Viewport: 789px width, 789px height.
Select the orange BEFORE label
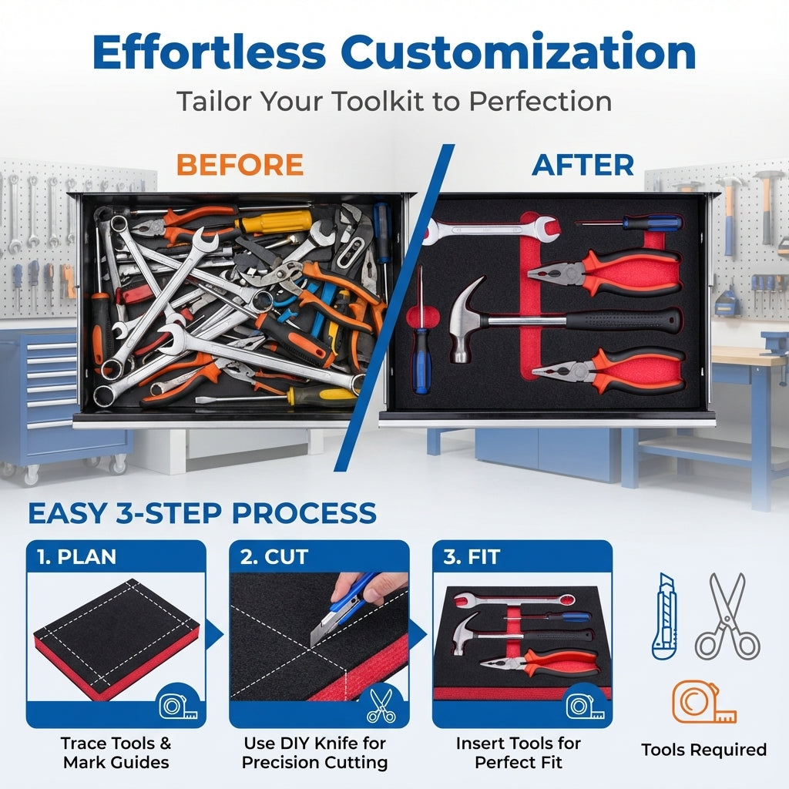(240, 165)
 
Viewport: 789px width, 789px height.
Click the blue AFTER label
(583, 165)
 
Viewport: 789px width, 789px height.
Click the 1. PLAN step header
(76, 556)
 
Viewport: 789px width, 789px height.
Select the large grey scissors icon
(727, 616)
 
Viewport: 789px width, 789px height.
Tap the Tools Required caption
(703, 750)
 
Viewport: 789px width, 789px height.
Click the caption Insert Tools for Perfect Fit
(518, 753)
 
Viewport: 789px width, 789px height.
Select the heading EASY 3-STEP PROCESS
(202, 512)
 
